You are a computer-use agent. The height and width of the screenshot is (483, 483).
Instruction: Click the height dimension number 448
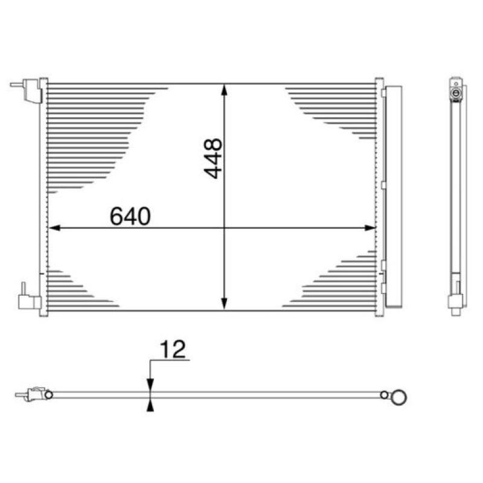click(213, 159)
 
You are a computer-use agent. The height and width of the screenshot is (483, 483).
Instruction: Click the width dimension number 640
click(129, 216)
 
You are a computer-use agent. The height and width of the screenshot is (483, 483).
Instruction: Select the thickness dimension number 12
click(172, 350)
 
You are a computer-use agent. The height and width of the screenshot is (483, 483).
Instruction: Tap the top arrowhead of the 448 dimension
click(225, 89)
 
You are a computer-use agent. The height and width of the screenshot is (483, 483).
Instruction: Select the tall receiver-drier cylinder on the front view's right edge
click(392, 196)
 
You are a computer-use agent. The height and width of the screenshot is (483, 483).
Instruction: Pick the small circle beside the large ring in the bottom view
click(384, 395)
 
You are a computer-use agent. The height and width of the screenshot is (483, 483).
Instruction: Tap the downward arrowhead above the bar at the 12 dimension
click(150, 385)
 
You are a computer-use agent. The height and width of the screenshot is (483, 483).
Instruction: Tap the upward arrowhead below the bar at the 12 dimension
click(150, 406)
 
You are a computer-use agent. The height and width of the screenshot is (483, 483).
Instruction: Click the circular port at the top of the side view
click(456, 94)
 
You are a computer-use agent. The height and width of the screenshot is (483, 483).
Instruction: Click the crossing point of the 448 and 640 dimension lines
click(225, 228)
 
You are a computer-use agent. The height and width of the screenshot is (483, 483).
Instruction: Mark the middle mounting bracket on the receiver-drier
click(383, 181)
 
